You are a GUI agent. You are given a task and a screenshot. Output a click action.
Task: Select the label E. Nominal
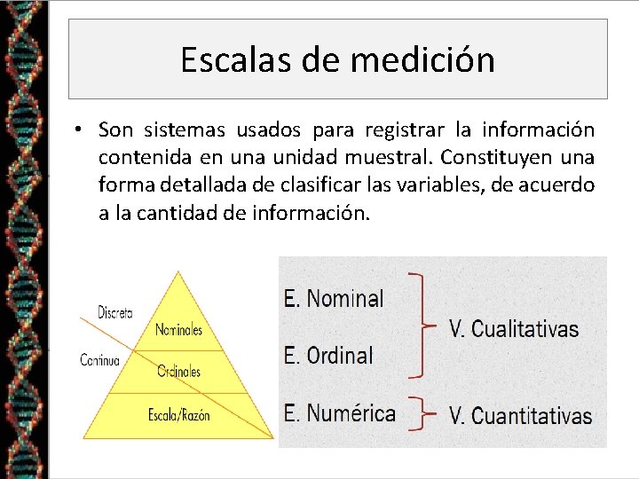[334, 298]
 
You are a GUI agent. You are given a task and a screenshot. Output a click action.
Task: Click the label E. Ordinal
[328, 355]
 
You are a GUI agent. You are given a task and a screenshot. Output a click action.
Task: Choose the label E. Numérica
[340, 412]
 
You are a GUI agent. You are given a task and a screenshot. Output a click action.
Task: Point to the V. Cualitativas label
[514, 329]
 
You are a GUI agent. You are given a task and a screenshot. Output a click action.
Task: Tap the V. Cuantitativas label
[521, 415]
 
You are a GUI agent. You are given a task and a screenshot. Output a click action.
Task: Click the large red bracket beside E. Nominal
[422, 325]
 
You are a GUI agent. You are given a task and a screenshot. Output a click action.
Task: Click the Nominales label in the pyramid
[178, 330]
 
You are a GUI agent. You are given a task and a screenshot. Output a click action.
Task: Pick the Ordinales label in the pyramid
[178, 372]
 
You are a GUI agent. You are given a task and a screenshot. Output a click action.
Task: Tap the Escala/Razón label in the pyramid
[179, 414]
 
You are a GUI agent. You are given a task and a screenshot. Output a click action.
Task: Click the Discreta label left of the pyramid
[115, 312]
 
